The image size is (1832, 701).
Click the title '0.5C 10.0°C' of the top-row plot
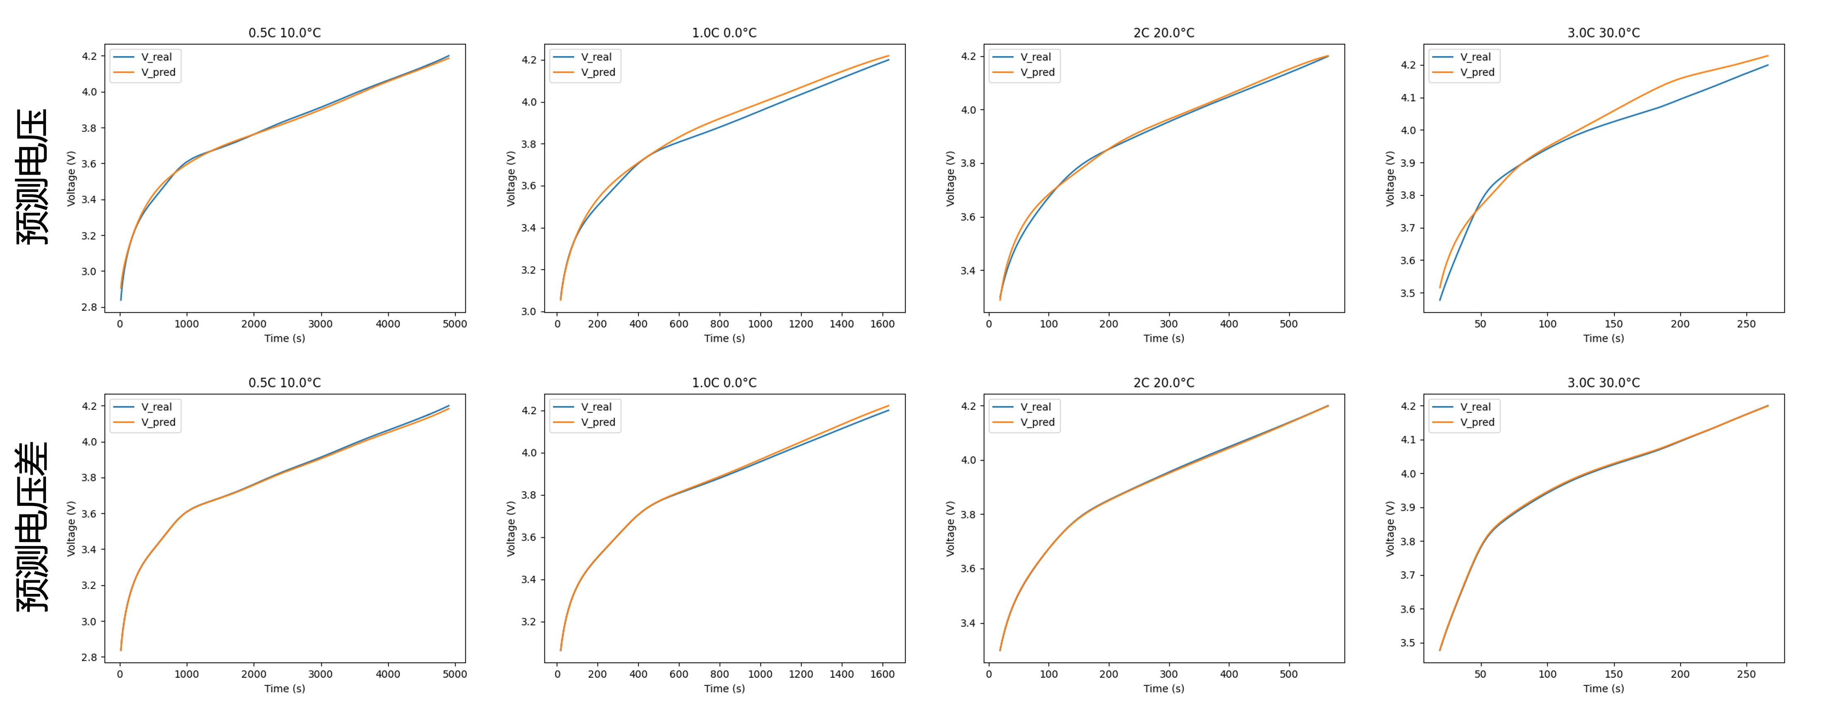[284, 33]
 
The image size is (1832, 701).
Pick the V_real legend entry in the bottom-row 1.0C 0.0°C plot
[596, 407]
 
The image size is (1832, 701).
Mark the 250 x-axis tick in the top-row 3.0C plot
[1746, 324]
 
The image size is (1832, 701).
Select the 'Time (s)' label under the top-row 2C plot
[1164, 338]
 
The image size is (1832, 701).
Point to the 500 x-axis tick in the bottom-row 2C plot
[1289, 674]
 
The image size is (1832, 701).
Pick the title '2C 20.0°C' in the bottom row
[1164, 383]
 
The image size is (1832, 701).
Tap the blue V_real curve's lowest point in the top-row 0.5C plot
[121, 299]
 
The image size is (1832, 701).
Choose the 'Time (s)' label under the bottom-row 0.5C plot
[284, 688]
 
